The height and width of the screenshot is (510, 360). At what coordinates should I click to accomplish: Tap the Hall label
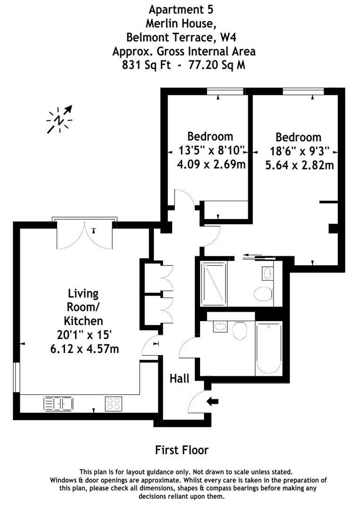tap(179, 378)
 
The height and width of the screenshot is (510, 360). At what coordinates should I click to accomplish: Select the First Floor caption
tap(182, 450)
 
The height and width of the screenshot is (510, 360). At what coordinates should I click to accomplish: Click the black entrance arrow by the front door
tap(213, 401)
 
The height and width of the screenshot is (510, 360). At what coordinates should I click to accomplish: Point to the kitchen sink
tap(58, 404)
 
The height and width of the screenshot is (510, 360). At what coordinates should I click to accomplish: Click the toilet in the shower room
tap(263, 294)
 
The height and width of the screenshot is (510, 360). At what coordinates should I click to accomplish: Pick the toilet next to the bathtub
tap(240, 330)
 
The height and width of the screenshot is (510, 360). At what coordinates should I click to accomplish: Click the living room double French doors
tap(84, 235)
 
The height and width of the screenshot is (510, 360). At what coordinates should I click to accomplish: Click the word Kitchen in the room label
tap(84, 321)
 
